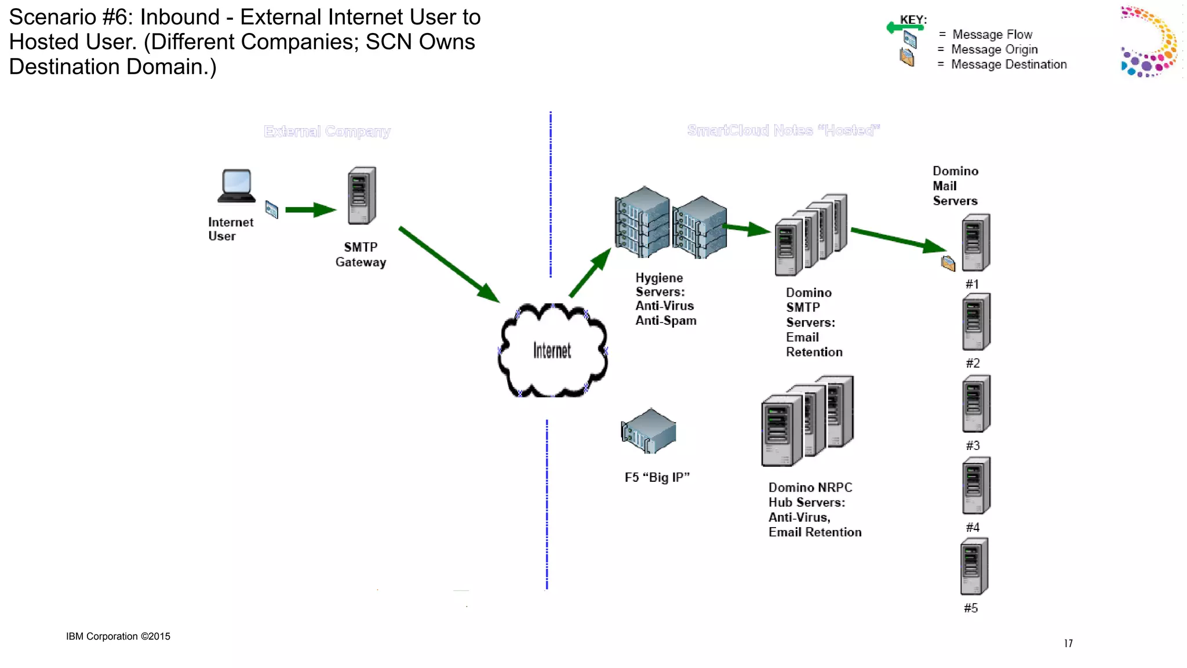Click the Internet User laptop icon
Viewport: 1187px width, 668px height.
236,186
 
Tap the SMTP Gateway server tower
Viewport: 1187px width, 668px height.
362,196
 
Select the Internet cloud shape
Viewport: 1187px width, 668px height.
552,350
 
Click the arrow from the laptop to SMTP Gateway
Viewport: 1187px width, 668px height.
310,210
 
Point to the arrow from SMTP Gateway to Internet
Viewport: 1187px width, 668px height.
449,264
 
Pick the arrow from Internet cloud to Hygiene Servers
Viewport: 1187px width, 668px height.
589,273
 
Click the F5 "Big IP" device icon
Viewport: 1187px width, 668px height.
649,431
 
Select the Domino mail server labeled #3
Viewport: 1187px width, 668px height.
976,404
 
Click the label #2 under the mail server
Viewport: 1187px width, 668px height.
973,363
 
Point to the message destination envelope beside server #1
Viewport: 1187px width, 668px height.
948,263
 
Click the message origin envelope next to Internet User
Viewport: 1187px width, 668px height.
271,209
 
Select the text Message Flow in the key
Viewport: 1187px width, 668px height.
992,35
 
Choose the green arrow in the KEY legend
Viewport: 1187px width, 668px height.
904,27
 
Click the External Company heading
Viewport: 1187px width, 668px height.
327,132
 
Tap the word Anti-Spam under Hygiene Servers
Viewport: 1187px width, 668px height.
665,321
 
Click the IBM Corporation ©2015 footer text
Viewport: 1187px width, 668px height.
118,636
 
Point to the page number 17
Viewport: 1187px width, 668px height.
1068,643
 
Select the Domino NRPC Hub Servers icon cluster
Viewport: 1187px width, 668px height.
808,421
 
